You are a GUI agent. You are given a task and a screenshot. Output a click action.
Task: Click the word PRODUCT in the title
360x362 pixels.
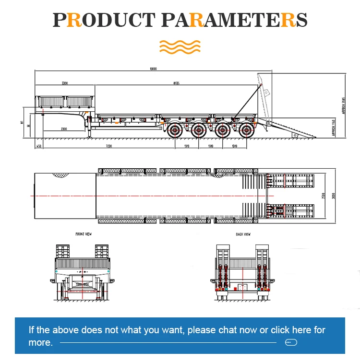[104, 21]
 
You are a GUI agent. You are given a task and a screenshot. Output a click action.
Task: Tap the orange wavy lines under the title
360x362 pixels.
[180, 47]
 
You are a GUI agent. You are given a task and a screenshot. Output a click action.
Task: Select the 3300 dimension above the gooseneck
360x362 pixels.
[64, 83]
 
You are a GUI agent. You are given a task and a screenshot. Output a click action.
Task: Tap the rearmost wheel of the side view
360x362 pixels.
[246, 129]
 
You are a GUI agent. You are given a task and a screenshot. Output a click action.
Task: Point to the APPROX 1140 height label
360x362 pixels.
[334, 128]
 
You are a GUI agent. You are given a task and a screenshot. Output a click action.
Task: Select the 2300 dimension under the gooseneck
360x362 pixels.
[64, 129]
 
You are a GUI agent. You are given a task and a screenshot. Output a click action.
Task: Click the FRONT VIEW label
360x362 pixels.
[83, 234]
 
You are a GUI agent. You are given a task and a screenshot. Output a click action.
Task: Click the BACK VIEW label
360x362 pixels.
[243, 234]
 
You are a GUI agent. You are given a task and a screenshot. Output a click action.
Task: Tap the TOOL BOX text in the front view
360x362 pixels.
[83, 284]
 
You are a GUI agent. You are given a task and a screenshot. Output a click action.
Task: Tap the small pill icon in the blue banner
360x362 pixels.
[291, 342]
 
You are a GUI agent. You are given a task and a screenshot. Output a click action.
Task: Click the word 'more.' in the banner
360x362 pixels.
[40, 342]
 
